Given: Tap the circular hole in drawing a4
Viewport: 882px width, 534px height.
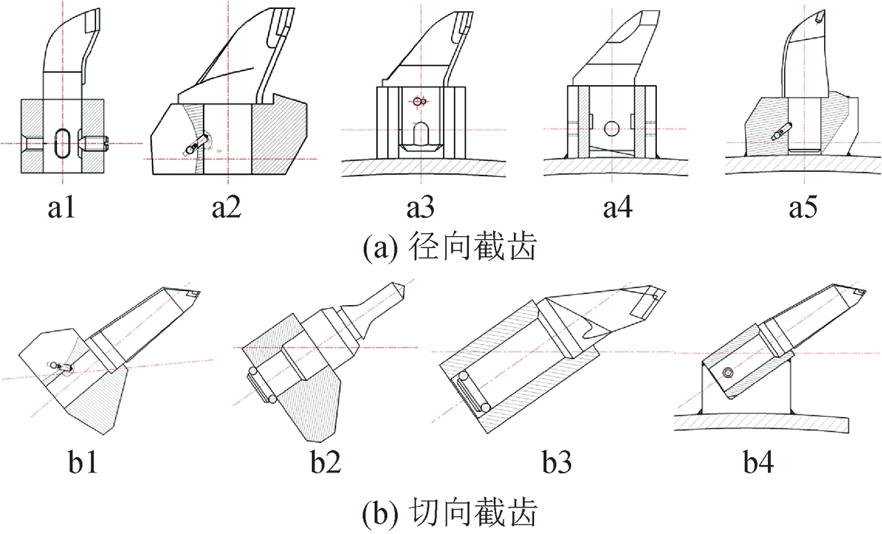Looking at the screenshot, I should coord(611,128).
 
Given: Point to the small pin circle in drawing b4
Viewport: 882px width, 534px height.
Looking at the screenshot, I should coord(729,373).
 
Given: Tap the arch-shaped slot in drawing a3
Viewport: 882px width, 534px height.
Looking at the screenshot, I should coord(419,133).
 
